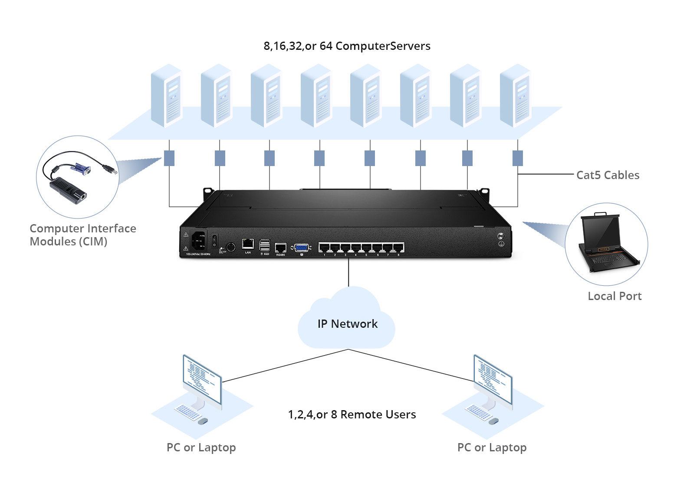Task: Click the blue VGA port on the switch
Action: (x=302, y=248)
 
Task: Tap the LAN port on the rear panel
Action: (x=248, y=245)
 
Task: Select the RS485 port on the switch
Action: (x=280, y=248)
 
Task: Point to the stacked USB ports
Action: (x=265, y=245)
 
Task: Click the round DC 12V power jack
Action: (x=231, y=247)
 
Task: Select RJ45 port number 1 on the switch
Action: (x=324, y=248)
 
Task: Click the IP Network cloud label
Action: (x=347, y=324)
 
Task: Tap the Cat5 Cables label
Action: (x=608, y=175)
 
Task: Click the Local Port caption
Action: (x=615, y=296)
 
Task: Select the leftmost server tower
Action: (x=166, y=96)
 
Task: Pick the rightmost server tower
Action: (x=515, y=96)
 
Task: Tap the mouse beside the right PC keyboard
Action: (x=493, y=421)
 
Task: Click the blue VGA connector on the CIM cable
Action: (x=82, y=169)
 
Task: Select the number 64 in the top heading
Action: (x=326, y=46)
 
